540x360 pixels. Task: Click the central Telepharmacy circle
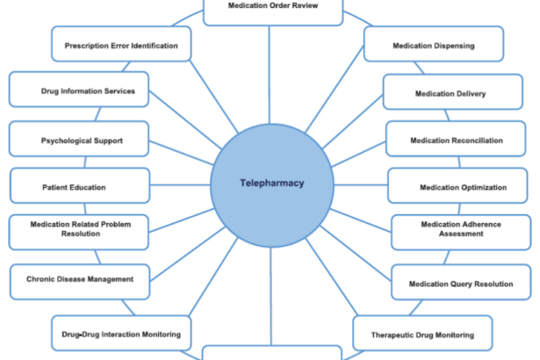pyautogui.click(x=271, y=184)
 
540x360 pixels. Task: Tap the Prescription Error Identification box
pyautogui.click(x=121, y=45)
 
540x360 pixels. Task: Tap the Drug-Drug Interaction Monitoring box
pyautogui.click(x=121, y=334)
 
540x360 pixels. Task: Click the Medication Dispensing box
pyautogui.click(x=433, y=44)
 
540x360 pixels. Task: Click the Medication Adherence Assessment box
pyautogui.click(x=461, y=231)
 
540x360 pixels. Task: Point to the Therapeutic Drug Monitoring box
pyautogui.click(x=422, y=334)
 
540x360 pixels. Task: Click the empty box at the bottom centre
pyautogui.click(x=271, y=353)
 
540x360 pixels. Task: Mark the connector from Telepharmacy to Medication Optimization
pyautogui.click(x=360, y=186)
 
